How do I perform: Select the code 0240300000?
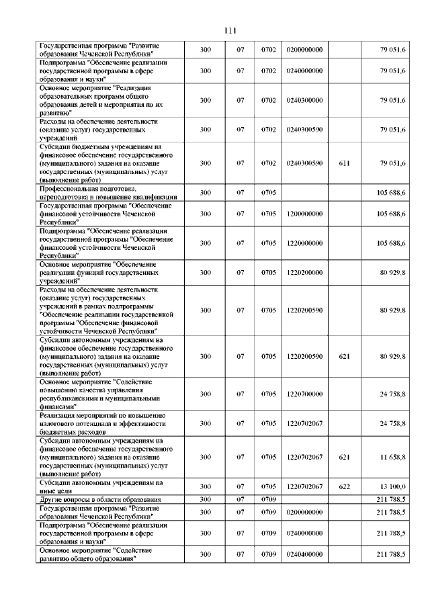pyautogui.click(x=304, y=100)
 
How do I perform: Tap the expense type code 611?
pyautogui.click(x=345, y=163)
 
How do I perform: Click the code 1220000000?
pyautogui.click(x=304, y=243)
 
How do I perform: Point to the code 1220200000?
pyautogui.click(x=304, y=273)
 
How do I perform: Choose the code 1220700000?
pyautogui.click(x=304, y=394)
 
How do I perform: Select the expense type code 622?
pyautogui.click(x=345, y=486)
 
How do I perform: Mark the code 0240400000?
pyautogui.click(x=304, y=555)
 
